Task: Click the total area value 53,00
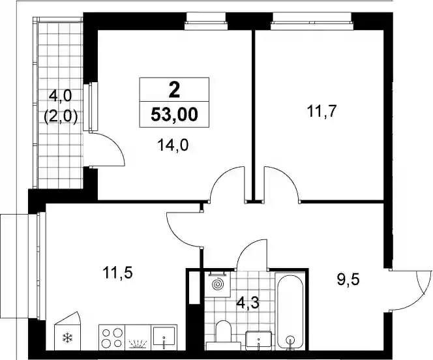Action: (174, 114)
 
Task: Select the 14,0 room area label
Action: (173, 145)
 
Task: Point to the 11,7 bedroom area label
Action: (321, 112)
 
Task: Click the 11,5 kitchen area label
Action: (117, 272)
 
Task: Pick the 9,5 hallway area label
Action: (348, 280)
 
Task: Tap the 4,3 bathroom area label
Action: (248, 303)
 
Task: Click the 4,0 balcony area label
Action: (60, 96)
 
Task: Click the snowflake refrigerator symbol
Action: (67, 337)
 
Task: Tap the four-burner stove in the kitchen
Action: (112, 338)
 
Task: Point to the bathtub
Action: (290, 311)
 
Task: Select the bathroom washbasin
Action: (258, 340)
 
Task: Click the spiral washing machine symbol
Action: (217, 284)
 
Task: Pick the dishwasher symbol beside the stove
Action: (138, 338)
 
